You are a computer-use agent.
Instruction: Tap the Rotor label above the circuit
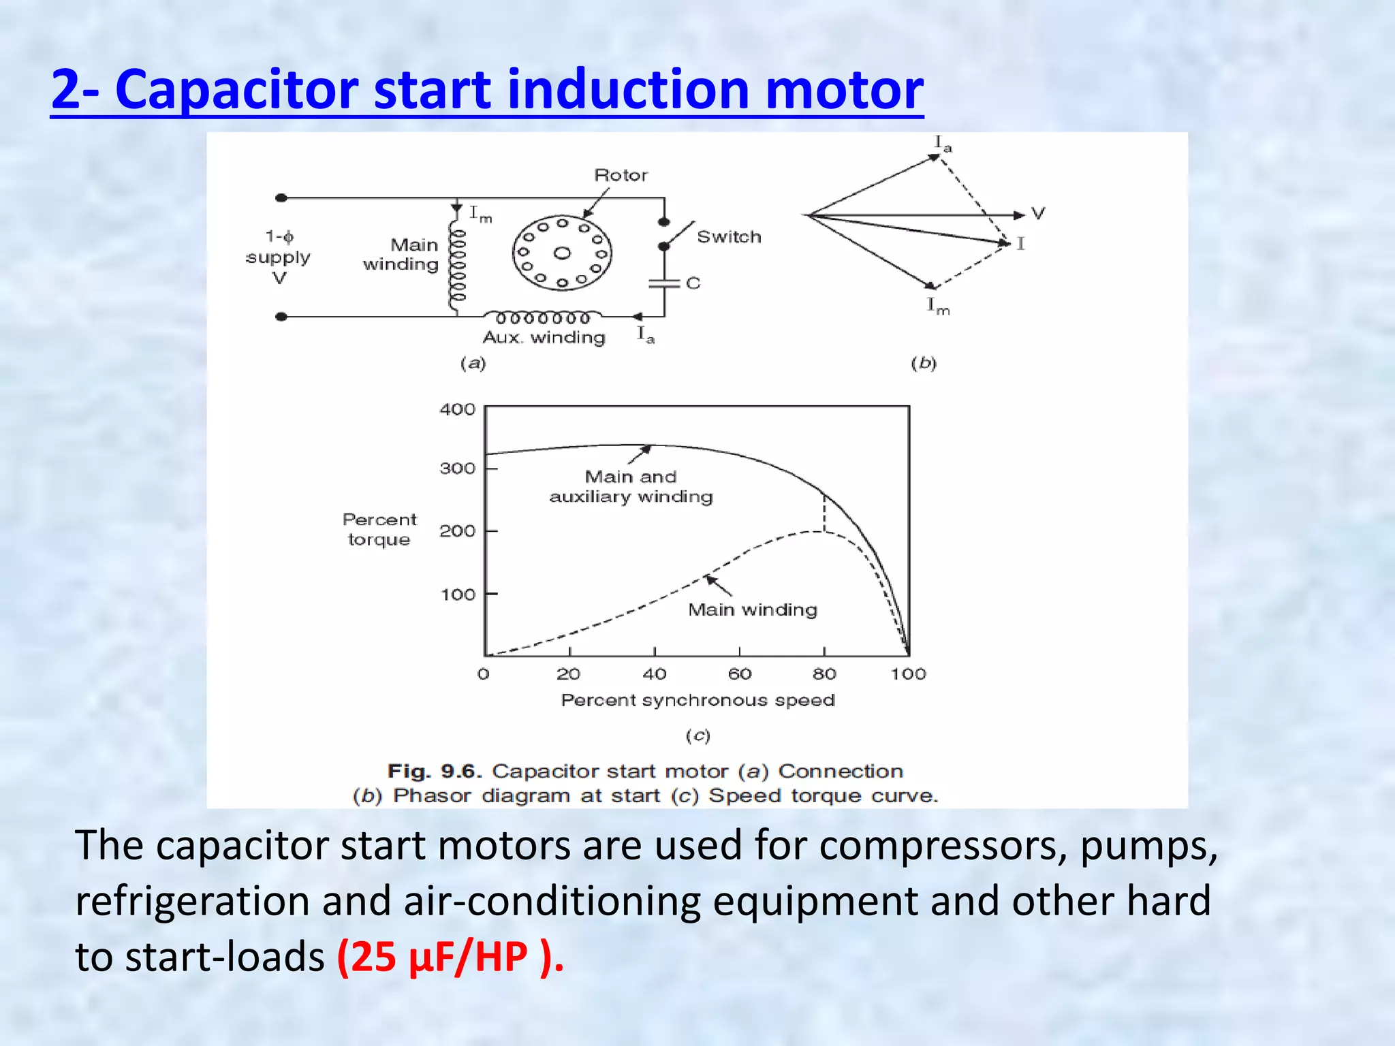621,175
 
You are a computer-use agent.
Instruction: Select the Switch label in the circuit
728,237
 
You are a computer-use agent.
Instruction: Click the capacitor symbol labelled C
665,283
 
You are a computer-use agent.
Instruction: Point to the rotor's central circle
562,253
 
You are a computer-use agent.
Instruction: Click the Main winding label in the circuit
401,255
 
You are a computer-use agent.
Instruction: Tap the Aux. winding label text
544,338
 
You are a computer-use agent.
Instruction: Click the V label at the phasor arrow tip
1037,214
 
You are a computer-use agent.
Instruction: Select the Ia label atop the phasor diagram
942,144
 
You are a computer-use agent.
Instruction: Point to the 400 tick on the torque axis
457,409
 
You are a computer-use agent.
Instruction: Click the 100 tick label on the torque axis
457,595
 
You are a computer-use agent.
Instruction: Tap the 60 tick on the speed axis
740,674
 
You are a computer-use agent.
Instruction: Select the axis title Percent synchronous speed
697,700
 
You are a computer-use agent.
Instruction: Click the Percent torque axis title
379,529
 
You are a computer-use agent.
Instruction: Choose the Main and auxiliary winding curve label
631,486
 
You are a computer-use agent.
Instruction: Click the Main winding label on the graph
752,609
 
